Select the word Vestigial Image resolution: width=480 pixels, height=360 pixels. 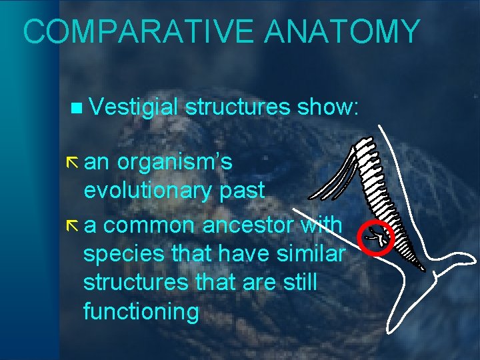pyautogui.click(x=133, y=107)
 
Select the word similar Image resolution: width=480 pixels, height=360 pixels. pyautogui.click(x=310, y=253)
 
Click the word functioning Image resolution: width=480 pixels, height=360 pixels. pyautogui.click(x=141, y=311)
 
